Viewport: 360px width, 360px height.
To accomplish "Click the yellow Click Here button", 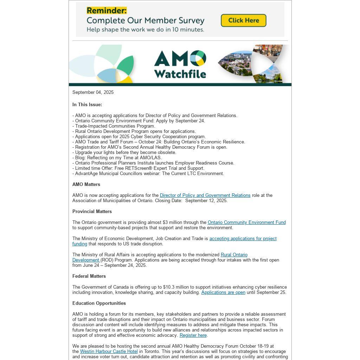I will coord(243,20).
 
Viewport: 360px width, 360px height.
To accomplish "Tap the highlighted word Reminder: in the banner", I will coord(107,11).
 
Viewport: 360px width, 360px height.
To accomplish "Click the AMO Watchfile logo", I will coord(180,64).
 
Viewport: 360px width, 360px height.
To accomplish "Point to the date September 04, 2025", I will coord(93,92).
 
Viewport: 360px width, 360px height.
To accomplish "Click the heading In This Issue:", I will coord(87,105).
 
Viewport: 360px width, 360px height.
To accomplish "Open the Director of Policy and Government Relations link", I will coord(205,195).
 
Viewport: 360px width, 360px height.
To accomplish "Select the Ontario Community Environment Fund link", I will coord(246,223).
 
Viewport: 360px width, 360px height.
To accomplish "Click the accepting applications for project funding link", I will coord(243,239).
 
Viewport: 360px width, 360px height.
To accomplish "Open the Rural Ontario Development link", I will coord(234,255).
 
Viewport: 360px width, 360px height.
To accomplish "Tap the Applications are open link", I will coord(223,292).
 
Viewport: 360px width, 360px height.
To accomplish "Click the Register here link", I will coord(193,335).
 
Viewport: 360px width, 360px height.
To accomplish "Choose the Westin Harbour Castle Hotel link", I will coord(109,352).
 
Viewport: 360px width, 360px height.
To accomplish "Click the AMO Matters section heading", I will coord(86,185).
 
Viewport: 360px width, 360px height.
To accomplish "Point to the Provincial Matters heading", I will coord(92,212).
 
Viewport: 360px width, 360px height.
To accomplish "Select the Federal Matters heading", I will coord(89,276).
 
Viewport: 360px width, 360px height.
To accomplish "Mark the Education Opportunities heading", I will coord(99,303).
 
